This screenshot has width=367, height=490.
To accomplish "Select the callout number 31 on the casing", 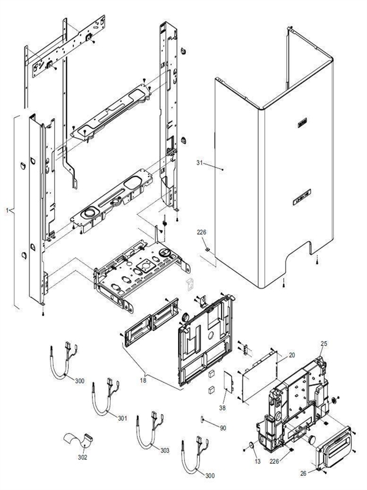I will point(200,164).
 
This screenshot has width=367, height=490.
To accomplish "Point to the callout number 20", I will point(292,355).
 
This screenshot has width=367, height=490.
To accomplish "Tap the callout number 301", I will point(122,418).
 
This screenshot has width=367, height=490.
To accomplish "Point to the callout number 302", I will point(83,458).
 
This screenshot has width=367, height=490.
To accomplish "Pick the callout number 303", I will point(165,450).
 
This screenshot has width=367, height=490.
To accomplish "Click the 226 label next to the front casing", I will point(201,233).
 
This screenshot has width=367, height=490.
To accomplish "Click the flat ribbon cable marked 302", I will point(76,441).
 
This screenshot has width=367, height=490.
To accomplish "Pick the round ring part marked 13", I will point(251,444).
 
